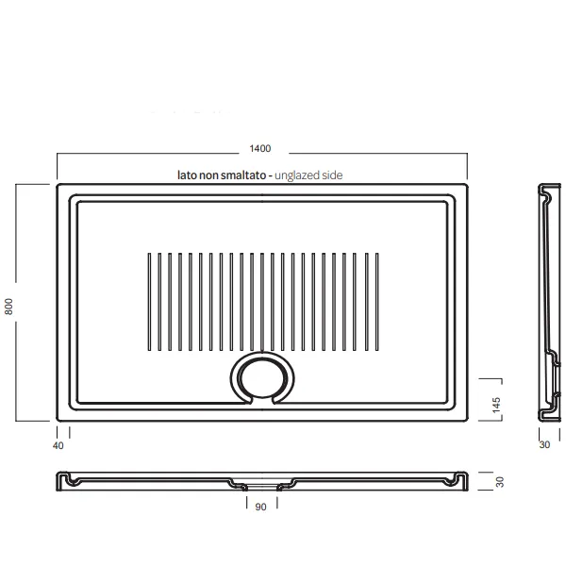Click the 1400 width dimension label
click(260, 148)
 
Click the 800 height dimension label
click(9, 307)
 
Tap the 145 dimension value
click(496, 405)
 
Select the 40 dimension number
click(58, 446)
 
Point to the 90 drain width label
click(260, 507)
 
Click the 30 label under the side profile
click(544, 444)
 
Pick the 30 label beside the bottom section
click(500, 482)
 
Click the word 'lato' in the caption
click(187, 175)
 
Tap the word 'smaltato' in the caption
click(243, 175)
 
